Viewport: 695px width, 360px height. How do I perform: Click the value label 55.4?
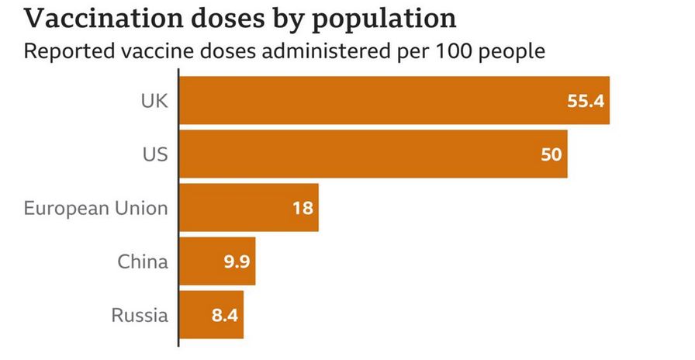click(585, 101)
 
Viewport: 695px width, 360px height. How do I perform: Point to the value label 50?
click(551, 154)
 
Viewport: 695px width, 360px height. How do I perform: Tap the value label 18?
click(303, 208)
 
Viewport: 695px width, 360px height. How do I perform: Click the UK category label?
click(154, 101)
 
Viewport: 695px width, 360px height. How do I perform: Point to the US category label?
click(155, 154)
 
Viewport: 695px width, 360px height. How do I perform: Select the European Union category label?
click(95, 208)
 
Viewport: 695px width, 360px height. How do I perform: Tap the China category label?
click(143, 261)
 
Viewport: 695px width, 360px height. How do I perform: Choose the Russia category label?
click(140, 315)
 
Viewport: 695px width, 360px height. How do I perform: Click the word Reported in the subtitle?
click(67, 53)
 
